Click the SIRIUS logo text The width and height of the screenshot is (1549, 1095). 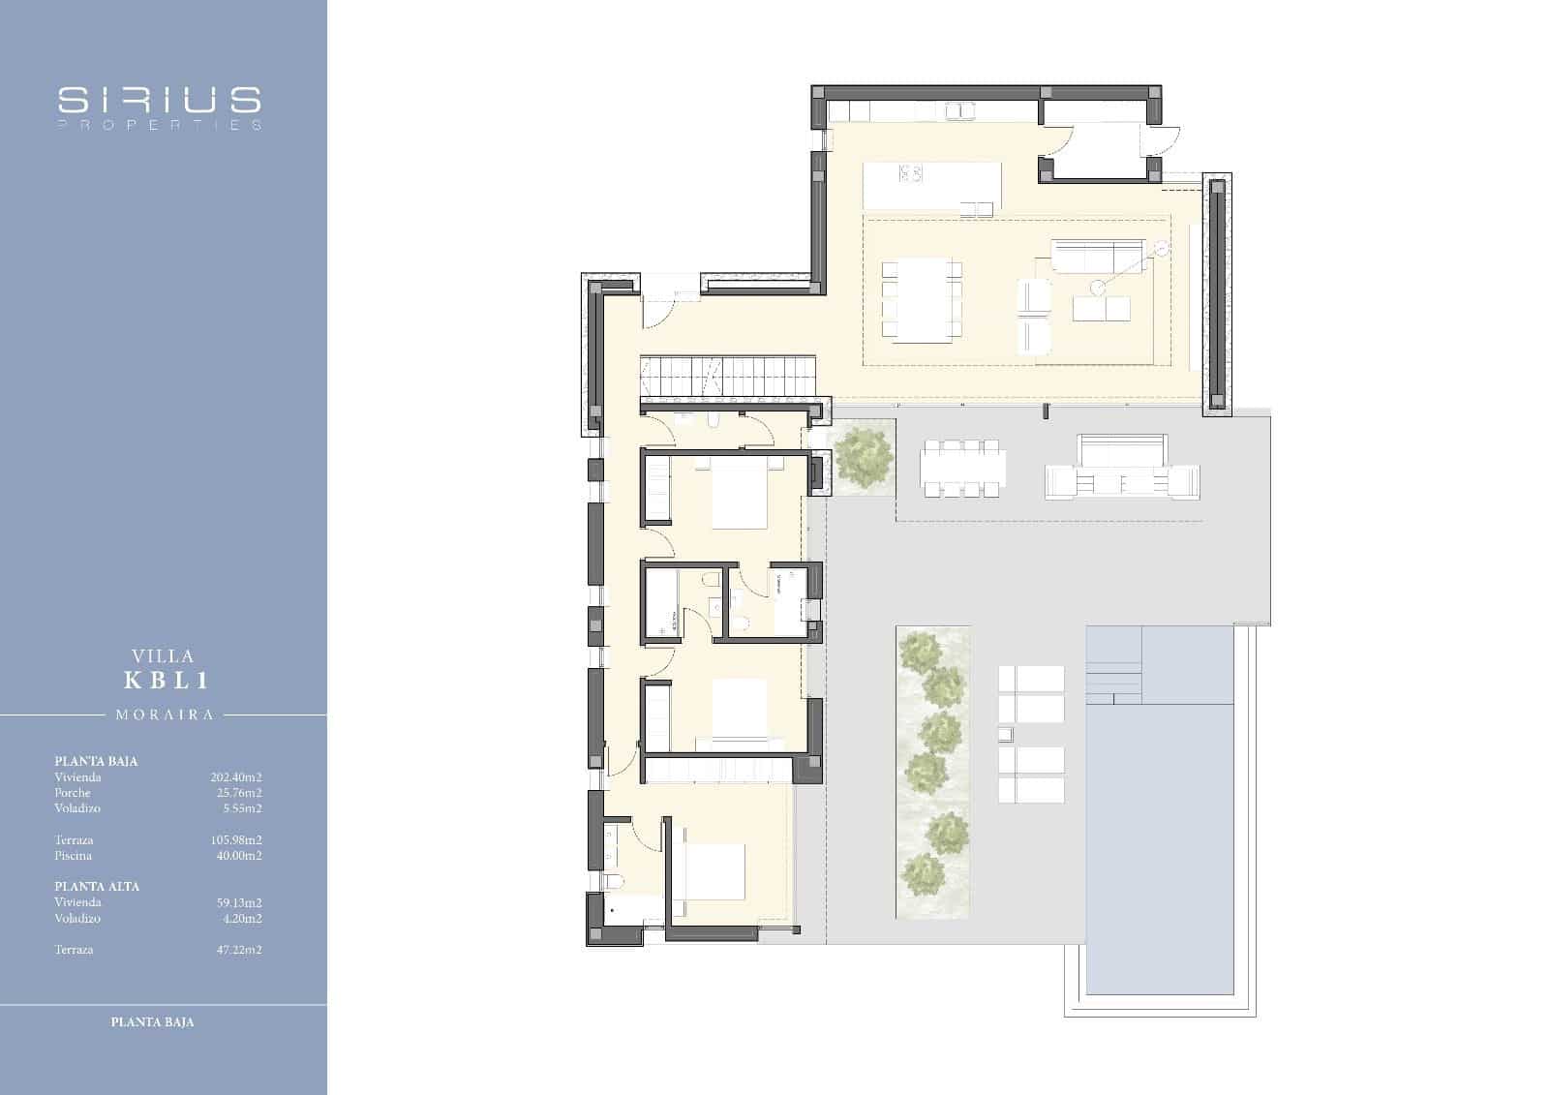(x=160, y=100)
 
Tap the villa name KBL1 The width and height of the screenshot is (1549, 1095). (x=167, y=680)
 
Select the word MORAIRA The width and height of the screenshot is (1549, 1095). (x=165, y=715)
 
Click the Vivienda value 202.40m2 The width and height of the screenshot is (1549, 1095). (x=236, y=776)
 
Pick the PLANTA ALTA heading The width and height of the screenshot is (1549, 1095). (x=97, y=886)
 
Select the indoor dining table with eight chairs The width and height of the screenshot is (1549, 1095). (x=921, y=299)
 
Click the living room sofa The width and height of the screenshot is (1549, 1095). (x=1097, y=257)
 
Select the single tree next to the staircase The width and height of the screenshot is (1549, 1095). (x=862, y=456)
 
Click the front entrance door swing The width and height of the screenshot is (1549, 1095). (x=658, y=310)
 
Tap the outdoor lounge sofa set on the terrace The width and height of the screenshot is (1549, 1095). (x=1121, y=469)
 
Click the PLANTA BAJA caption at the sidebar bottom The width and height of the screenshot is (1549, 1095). (x=153, y=1021)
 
